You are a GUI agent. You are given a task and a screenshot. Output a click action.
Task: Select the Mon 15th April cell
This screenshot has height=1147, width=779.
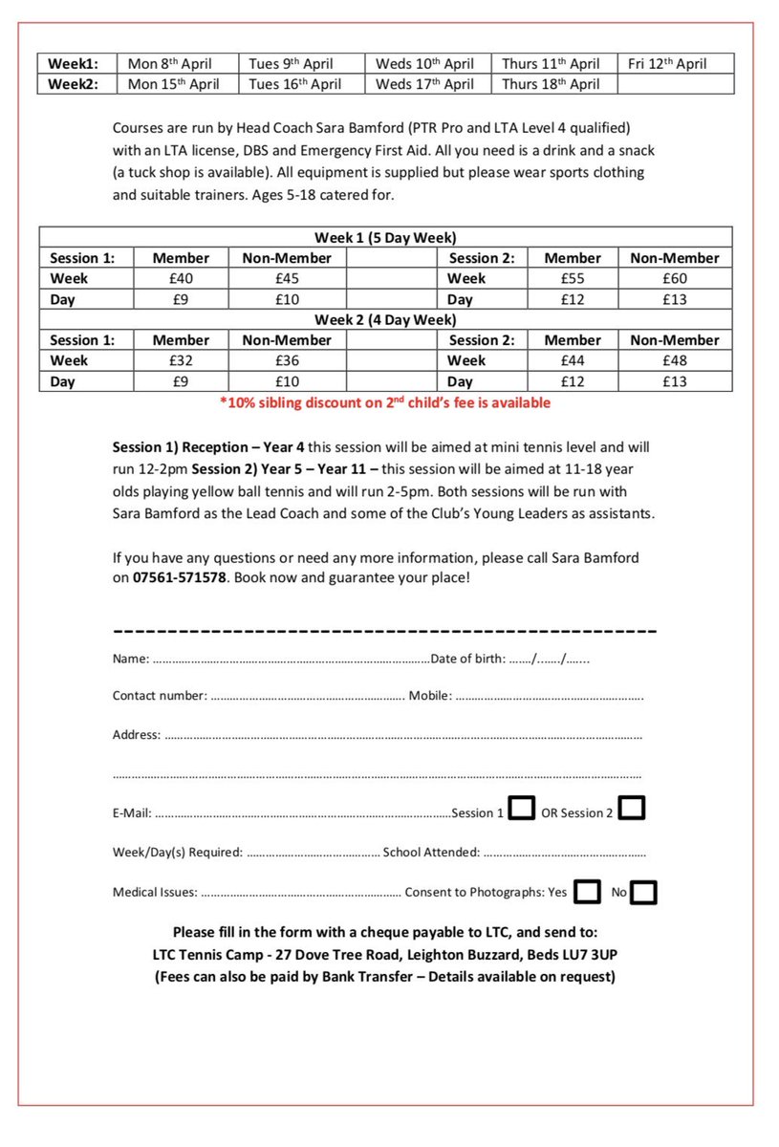point(173,84)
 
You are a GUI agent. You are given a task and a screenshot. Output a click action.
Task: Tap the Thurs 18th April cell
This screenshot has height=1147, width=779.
point(551,84)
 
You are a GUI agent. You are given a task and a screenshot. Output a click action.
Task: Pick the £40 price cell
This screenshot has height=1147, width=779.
point(181,279)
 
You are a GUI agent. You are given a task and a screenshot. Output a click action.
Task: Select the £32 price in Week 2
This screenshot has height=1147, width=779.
point(181,361)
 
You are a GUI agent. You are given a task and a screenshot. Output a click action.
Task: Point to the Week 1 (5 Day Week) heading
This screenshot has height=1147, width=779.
point(385,237)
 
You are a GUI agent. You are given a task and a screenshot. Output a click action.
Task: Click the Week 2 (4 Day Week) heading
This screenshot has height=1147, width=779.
point(385,320)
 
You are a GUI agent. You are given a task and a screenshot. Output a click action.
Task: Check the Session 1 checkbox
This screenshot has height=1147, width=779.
point(521,809)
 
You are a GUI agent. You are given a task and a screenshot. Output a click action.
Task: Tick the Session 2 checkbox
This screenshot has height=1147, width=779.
point(632,809)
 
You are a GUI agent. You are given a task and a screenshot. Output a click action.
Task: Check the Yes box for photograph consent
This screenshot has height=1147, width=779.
point(588,892)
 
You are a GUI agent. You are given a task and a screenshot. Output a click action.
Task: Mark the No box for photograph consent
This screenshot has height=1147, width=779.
point(644,893)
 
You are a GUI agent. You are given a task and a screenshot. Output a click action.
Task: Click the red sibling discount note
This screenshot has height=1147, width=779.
point(385,403)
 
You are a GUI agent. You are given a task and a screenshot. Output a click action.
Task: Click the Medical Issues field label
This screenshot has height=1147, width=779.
point(154,893)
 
